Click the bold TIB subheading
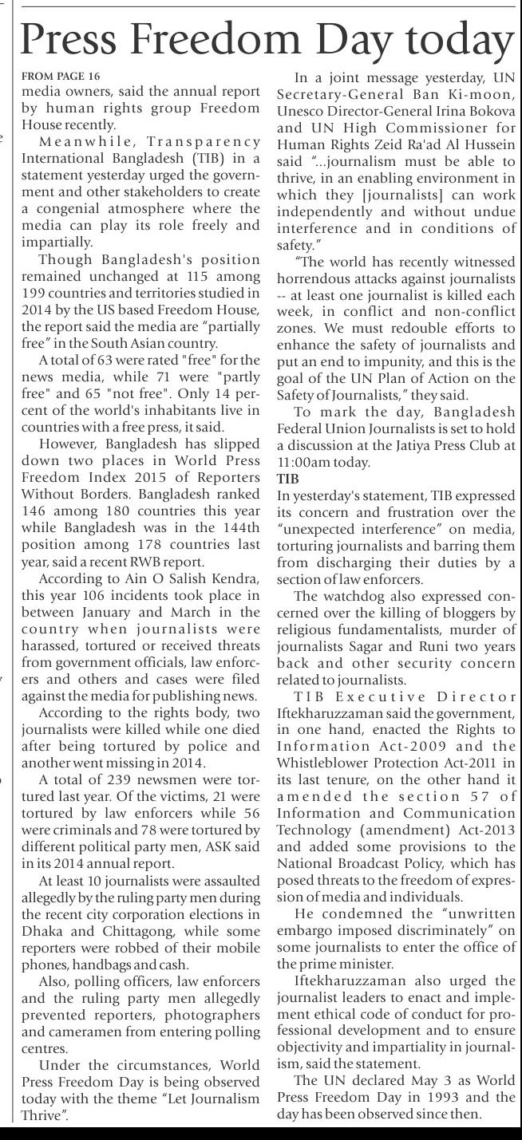coord(287,479)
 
